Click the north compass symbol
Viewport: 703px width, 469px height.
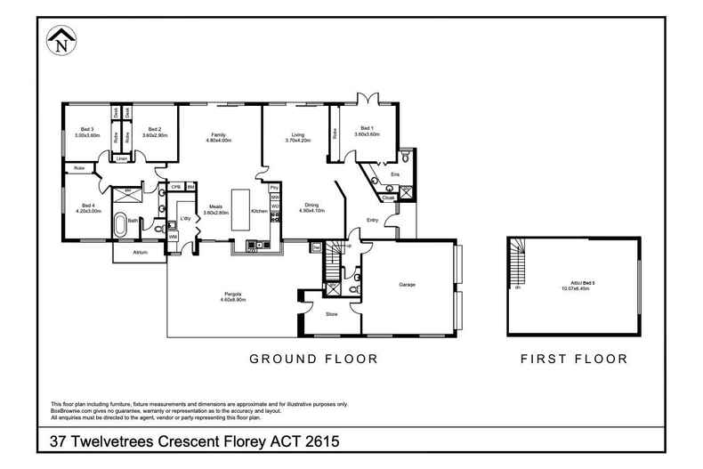point(61,39)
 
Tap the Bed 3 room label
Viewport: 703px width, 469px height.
point(87,129)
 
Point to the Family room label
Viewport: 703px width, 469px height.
point(218,133)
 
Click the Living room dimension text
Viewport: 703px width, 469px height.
point(296,140)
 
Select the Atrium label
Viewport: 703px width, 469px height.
point(139,253)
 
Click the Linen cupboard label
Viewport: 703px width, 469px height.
point(120,158)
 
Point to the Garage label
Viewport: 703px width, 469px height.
point(406,285)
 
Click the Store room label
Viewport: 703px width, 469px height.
point(331,314)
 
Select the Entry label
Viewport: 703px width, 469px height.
point(373,220)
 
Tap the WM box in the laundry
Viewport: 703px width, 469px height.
point(173,236)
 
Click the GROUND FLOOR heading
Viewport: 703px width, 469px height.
point(313,360)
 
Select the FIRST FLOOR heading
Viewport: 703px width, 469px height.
point(574,360)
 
